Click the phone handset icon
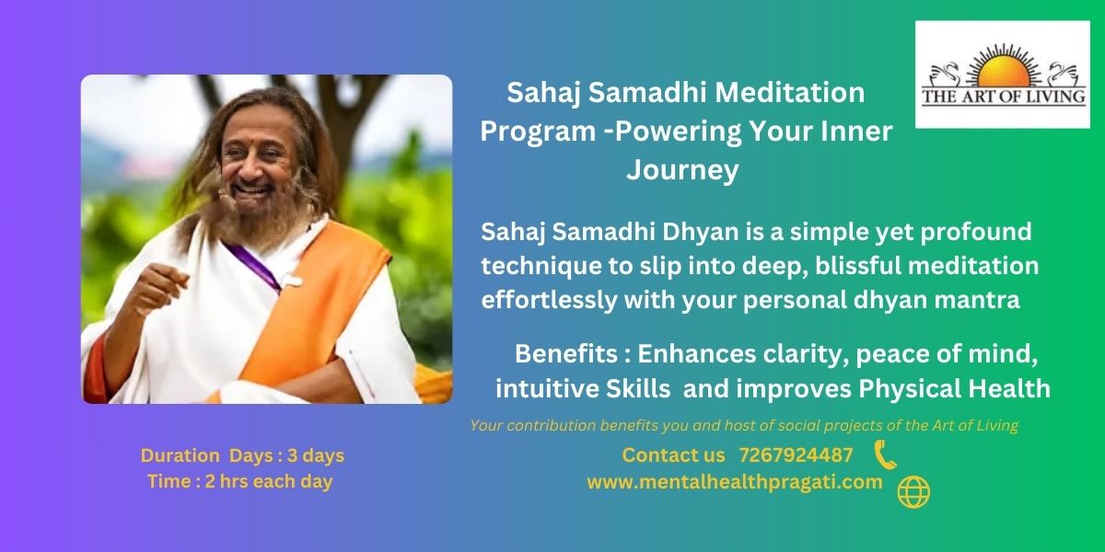pyautogui.click(x=886, y=454)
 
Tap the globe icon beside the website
pyautogui.click(x=913, y=492)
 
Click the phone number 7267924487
pyautogui.click(x=796, y=455)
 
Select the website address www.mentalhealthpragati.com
pyautogui.click(x=735, y=482)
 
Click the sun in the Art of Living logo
pyautogui.click(x=1003, y=71)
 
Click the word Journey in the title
pyautogui.click(x=682, y=170)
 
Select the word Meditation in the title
pyautogui.click(x=790, y=93)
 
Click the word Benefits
pyautogui.click(x=566, y=353)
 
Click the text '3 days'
pyautogui.click(x=316, y=455)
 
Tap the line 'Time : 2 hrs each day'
pyautogui.click(x=240, y=481)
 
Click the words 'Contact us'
pyautogui.click(x=673, y=455)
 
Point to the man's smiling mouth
pyautogui.click(x=252, y=190)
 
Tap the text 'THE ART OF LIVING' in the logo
pyautogui.click(x=1004, y=97)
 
